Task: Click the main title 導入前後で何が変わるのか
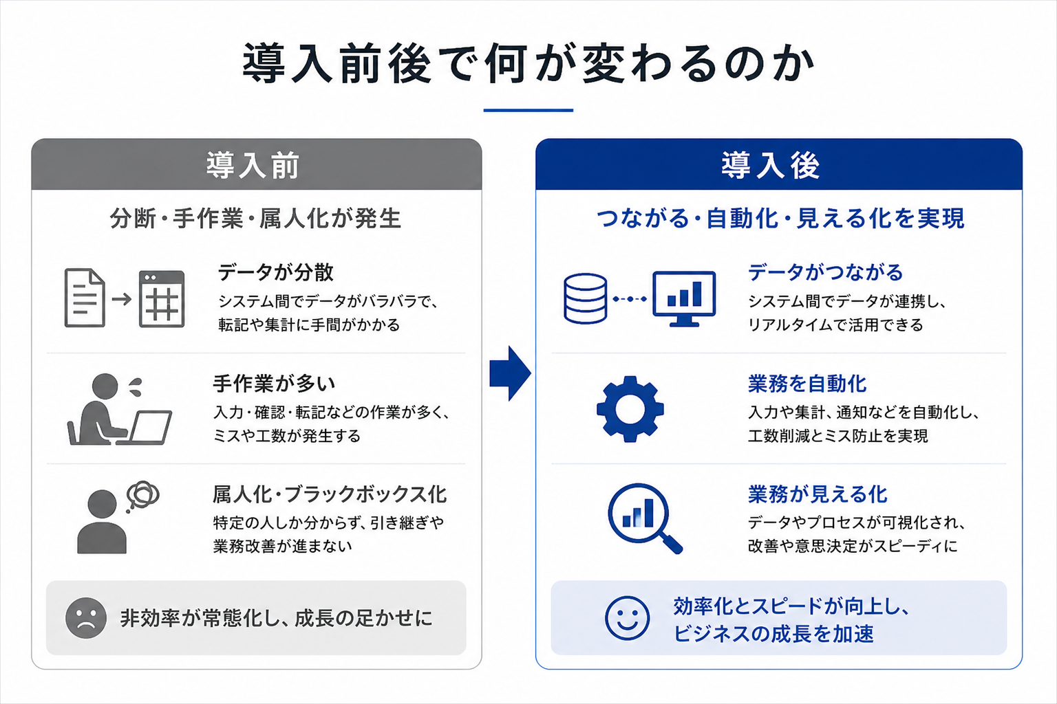(x=528, y=63)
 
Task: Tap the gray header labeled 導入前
(x=257, y=164)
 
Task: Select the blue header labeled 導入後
(x=778, y=164)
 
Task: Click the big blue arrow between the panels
(x=510, y=373)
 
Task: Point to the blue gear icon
(x=630, y=409)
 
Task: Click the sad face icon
(x=86, y=617)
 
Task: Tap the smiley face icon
(x=627, y=617)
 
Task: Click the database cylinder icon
(x=585, y=298)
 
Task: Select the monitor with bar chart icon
(x=684, y=299)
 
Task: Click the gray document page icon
(x=85, y=298)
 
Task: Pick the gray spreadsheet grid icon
(x=162, y=299)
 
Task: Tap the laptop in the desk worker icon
(x=147, y=428)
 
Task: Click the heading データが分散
(x=275, y=272)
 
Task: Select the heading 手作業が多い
(x=274, y=384)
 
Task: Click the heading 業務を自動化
(x=807, y=384)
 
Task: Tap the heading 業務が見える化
(x=818, y=494)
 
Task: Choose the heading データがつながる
(x=825, y=272)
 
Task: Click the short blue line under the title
(x=528, y=110)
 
